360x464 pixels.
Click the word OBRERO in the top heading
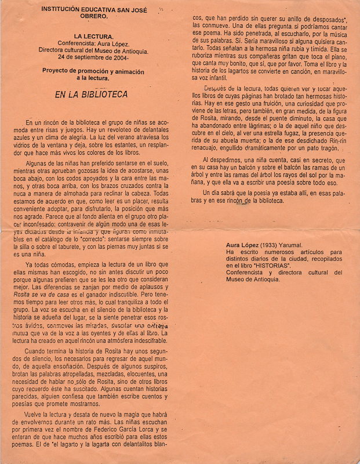point(92,16)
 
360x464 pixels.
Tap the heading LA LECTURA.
point(92,37)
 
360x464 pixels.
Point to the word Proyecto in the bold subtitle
point(59,70)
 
